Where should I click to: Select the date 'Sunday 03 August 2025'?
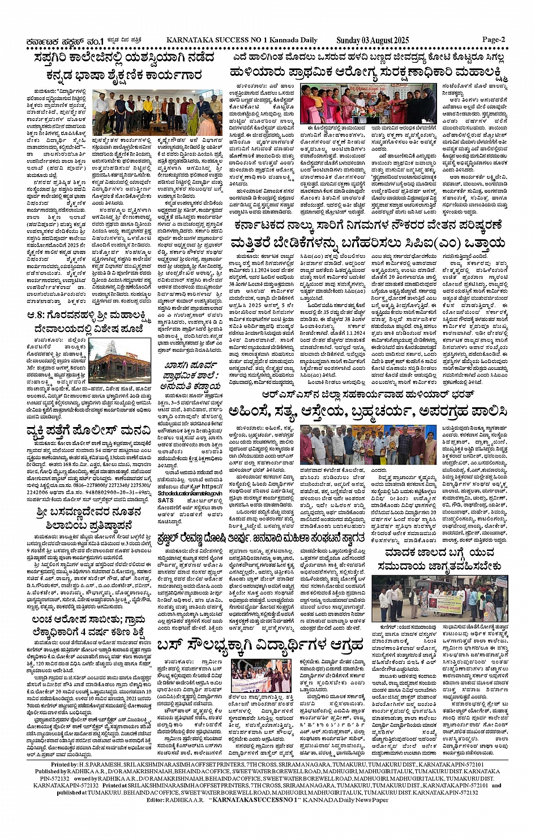coord(372,40)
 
